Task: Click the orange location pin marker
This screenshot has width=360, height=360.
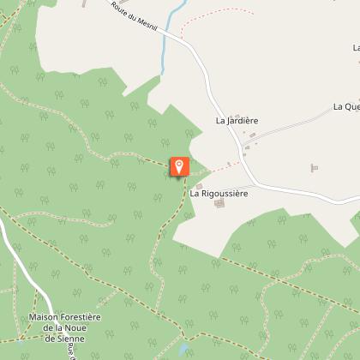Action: pos(180,166)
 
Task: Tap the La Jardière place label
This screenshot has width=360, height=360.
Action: pos(237,122)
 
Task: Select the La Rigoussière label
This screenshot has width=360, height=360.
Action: pos(219,194)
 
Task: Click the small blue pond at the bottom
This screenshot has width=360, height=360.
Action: pos(183,350)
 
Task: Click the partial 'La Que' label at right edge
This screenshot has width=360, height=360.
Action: pos(346,107)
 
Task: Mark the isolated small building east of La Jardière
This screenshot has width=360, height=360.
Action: pos(313,167)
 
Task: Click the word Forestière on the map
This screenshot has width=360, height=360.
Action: pos(69,317)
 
